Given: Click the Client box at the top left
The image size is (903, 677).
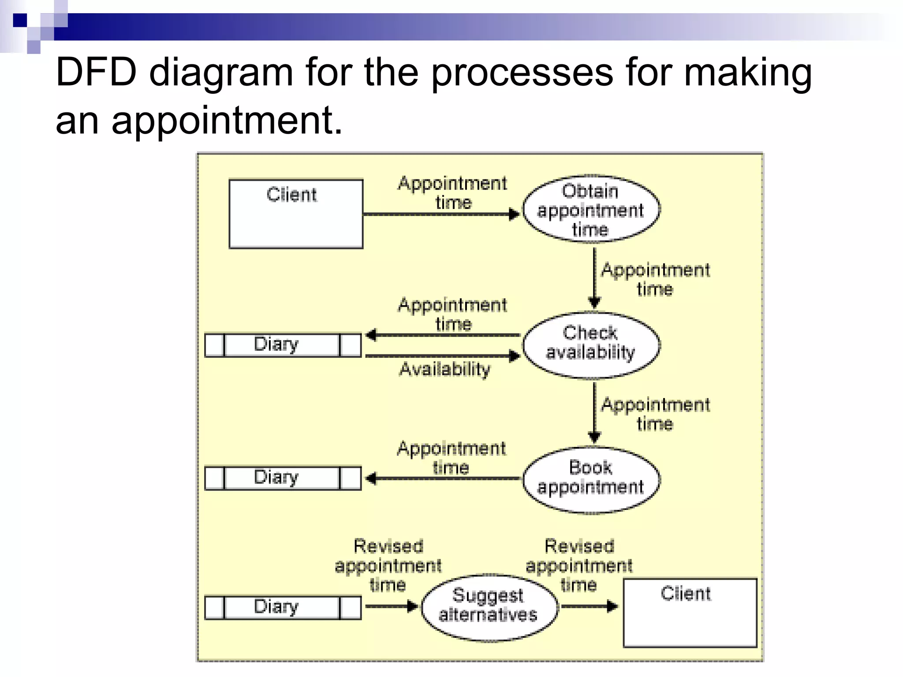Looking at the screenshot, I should click(296, 214).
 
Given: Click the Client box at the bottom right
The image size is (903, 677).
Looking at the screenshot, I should click(690, 613).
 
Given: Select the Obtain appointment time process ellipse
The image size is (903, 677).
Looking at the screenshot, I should click(591, 210).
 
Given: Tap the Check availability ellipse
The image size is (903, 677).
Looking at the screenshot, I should click(591, 345).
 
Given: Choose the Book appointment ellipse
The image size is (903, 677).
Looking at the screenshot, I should click(591, 480).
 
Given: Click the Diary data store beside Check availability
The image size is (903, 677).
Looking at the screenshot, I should click(283, 345).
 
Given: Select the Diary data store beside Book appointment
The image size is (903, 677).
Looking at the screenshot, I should click(283, 478).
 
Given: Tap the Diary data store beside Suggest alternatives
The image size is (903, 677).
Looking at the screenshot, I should click(283, 607).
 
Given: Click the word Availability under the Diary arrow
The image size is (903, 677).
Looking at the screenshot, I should click(444, 369).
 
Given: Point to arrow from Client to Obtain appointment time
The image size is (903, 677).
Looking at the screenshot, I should click(441, 215).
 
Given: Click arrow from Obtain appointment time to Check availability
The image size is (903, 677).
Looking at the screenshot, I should click(594, 278).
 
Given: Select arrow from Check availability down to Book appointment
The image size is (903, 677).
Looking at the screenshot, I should click(594, 412).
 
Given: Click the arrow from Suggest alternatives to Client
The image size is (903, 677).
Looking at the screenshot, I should click(589, 607).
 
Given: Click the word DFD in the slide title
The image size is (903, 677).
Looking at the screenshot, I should click(96, 73).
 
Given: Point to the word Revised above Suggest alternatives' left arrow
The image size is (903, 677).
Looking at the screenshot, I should click(388, 547).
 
